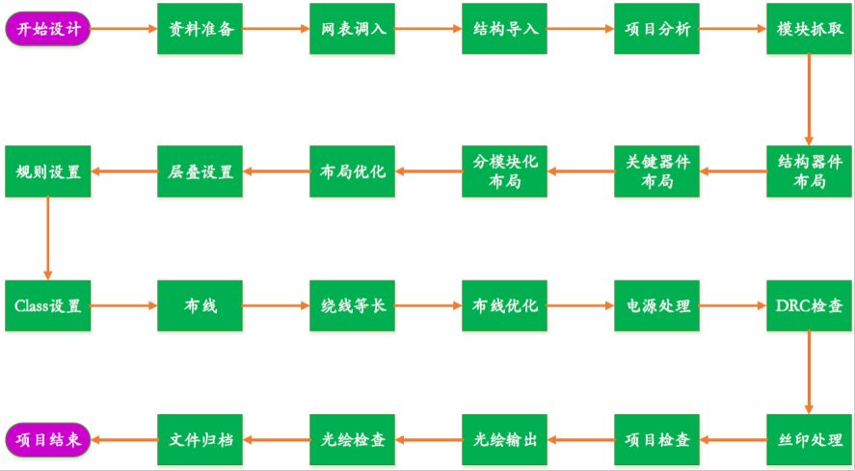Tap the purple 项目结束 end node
click(48, 439)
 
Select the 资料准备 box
click(200, 29)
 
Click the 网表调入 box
click(353, 29)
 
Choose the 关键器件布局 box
click(657, 171)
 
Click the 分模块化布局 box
click(505, 171)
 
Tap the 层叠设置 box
click(200, 171)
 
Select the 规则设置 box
click(48, 171)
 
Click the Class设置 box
click(48, 306)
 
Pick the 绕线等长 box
click(353, 306)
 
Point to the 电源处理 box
click(657, 306)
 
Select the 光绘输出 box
click(505, 439)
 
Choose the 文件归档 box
click(200, 439)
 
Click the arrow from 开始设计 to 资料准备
click(124, 29)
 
